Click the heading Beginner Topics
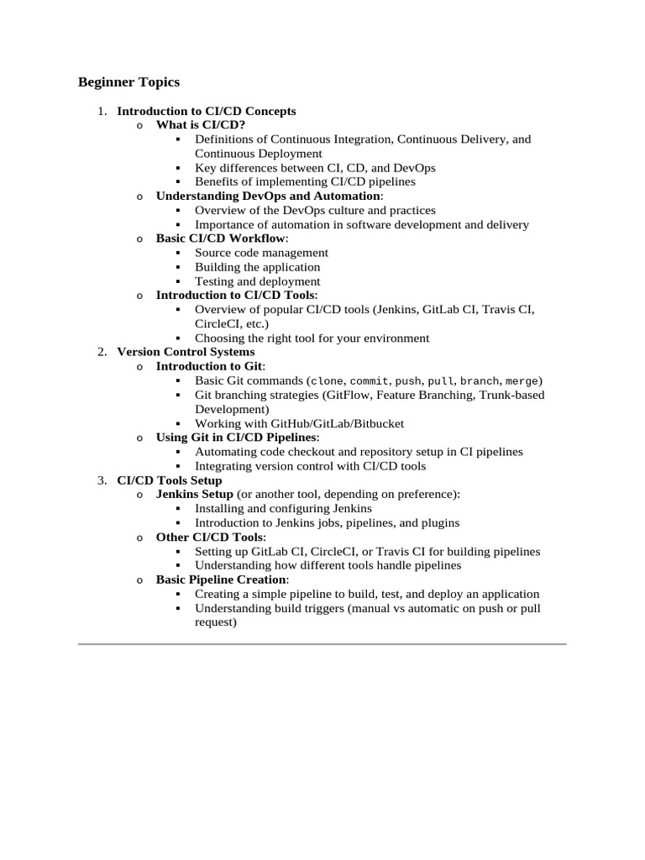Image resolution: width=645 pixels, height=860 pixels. point(128,82)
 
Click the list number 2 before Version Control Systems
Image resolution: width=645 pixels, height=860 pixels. point(102,352)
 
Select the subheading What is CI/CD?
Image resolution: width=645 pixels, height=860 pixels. point(201,125)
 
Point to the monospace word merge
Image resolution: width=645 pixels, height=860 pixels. point(522,381)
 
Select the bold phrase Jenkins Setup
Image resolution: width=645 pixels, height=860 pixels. point(195,494)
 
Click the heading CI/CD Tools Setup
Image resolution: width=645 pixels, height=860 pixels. point(170,480)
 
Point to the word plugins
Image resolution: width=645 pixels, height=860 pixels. point(438,522)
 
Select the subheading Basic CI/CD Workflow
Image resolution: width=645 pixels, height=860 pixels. point(220,239)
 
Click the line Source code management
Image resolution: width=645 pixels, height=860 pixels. point(261,253)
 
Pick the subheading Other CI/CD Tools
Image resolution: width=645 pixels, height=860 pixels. point(210,537)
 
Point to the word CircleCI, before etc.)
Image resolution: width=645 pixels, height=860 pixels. point(221,323)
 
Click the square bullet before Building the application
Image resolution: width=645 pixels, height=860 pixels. point(178,267)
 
